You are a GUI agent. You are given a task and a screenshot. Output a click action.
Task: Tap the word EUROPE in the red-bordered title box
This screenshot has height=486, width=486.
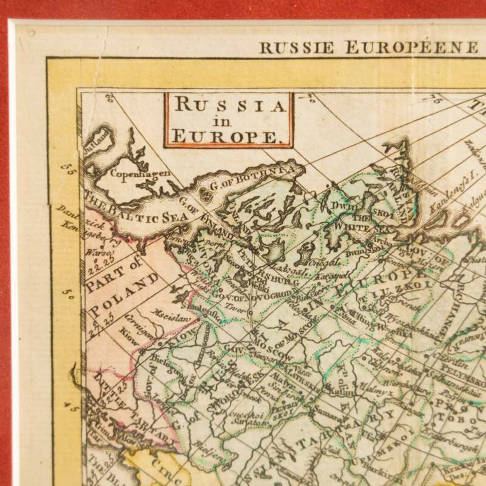click(x=226, y=138)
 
